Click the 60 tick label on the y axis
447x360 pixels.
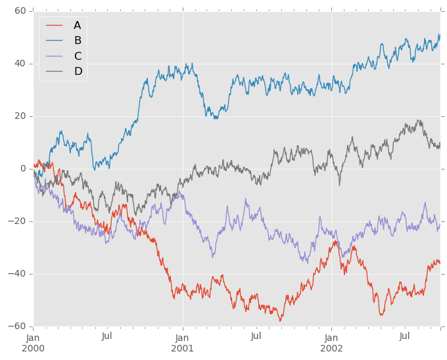tap(19, 11)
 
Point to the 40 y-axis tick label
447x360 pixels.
tap(19, 64)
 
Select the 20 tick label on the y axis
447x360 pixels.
tap(19, 116)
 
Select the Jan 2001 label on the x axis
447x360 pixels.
tap(183, 342)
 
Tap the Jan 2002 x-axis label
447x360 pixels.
tap(331, 342)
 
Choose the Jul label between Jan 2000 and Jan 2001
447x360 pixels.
tap(108, 336)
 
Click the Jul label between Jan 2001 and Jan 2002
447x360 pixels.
tap(256, 336)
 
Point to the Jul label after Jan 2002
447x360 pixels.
tap(405, 336)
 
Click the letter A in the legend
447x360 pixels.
tap(77, 26)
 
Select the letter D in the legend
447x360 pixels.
tap(78, 71)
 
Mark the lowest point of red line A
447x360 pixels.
tap(281, 321)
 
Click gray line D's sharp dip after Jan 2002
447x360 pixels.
tap(340, 185)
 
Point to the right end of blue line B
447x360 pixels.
tap(439, 35)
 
